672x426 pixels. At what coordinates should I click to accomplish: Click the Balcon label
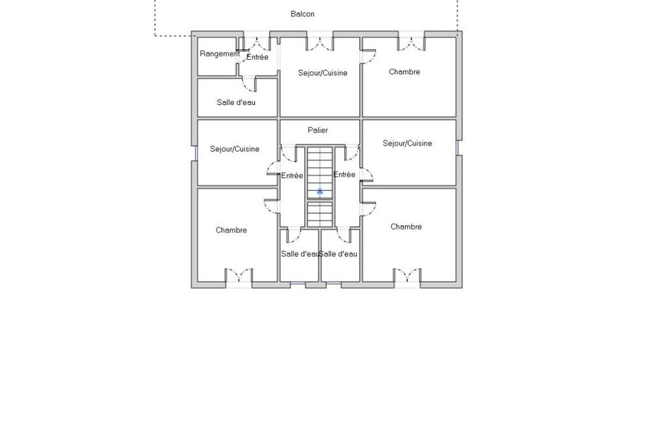click(303, 14)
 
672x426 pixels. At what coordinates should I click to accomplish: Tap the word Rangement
click(220, 54)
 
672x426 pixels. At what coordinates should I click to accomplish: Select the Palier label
click(317, 130)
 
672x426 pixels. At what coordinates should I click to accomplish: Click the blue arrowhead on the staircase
click(320, 191)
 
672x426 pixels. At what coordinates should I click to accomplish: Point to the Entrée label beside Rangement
click(257, 57)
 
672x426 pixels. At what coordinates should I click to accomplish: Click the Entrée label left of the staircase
click(292, 175)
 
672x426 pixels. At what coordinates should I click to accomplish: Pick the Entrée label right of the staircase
click(344, 174)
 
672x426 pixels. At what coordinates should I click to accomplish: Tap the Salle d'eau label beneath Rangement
click(236, 102)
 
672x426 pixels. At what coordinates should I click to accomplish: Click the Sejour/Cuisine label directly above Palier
click(323, 73)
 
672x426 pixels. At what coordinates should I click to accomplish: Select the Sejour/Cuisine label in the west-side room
click(235, 149)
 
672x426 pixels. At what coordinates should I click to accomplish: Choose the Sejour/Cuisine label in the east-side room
click(407, 143)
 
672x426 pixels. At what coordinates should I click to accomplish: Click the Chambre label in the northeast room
click(404, 71)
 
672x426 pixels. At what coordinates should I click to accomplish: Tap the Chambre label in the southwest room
click(231, 230)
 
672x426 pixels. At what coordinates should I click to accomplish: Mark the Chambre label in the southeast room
click(406, 227)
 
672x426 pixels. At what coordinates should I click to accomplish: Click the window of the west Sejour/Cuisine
click(194, 153)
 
